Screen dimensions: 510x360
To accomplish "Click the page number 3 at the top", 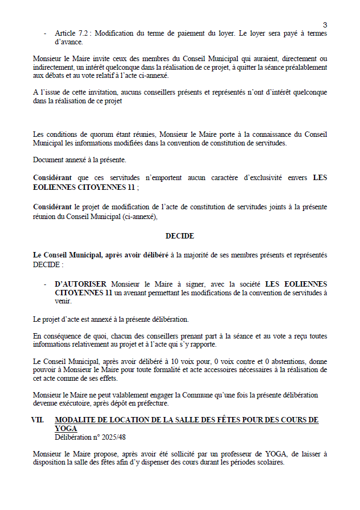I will (x=325, y=24).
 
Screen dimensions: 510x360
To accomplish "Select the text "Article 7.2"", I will (x=71, y=34).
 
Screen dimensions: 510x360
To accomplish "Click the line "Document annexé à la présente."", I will (x=79, y=160).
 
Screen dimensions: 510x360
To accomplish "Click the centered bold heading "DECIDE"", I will (x=180, y=236).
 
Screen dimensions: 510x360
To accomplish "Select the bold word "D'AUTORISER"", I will (x=81, y=284).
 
